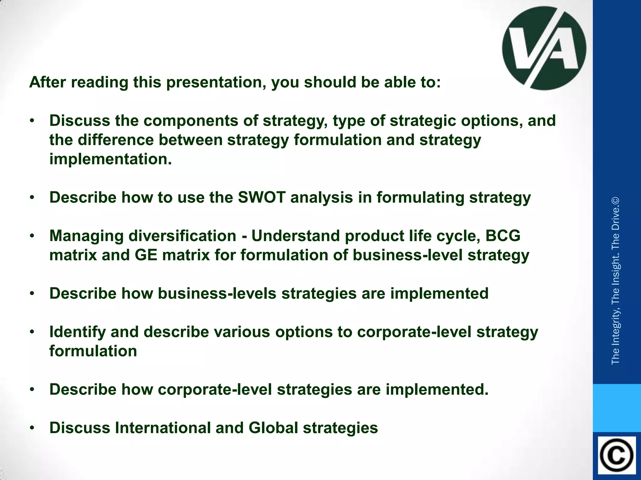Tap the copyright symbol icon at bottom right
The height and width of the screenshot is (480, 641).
[x=617, y=455]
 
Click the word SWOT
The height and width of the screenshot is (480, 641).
[x=261, y=197]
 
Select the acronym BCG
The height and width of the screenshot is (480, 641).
[x=503, y=236]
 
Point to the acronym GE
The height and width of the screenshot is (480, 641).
[x=146, y=255]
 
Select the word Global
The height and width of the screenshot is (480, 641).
[x=273, y=428]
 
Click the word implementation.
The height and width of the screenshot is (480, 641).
[x=110, y=159]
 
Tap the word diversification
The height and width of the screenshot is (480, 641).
[x=182, y=236]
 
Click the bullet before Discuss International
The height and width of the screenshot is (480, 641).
[x=32, y=428]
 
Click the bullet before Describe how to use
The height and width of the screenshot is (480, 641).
[x=32, y=197]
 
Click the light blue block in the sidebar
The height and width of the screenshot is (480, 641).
[x=617, y=408]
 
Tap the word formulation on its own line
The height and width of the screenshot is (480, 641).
[x=93, y=351]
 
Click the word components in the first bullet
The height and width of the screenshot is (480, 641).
[x=201, y=121]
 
